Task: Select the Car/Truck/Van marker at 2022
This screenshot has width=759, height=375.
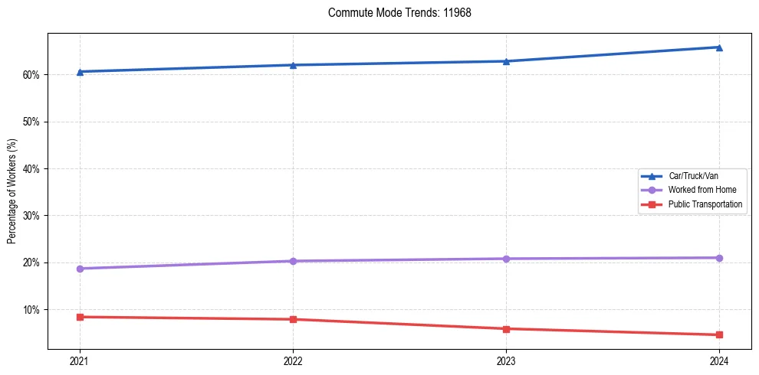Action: tap(293, 65)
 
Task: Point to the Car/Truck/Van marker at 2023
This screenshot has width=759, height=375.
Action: tap(506, 61)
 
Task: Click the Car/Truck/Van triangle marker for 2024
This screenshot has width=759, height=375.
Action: tap(719, 47)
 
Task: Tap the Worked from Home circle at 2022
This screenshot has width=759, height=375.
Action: tap(293, 261)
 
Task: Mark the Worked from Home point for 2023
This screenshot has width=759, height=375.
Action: tap(506, 259)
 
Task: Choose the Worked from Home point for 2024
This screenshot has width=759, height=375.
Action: tap(719, 258)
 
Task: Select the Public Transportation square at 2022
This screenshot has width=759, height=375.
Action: tap(293, 319)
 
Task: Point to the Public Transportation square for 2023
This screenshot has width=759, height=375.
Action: tap(506, 329)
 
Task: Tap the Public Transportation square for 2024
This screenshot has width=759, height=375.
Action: tap(719, 334)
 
